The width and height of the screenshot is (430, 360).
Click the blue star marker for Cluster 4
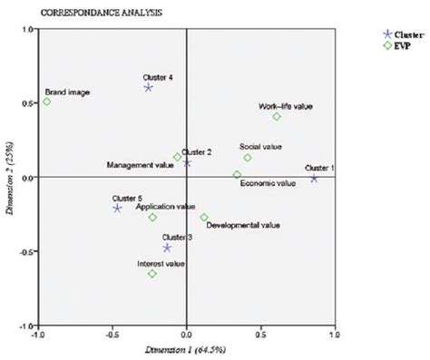149,88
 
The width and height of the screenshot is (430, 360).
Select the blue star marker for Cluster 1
315,178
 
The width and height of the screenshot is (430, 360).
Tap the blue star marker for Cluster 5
117,209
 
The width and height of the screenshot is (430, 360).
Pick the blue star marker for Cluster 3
167,248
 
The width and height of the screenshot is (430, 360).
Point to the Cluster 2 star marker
187,163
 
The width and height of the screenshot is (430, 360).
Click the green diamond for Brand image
47,102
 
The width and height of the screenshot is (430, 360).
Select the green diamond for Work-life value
277,116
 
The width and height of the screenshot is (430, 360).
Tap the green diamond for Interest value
152,273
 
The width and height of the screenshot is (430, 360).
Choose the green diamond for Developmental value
204,218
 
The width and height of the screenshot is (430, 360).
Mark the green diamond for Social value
248,158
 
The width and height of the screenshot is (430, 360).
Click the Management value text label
140,165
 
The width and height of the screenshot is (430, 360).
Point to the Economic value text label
268,183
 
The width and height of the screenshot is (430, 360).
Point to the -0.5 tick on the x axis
112,334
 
